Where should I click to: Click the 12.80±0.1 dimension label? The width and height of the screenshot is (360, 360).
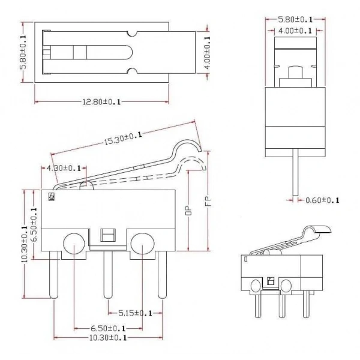101,102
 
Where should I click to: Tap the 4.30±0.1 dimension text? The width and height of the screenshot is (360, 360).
64,168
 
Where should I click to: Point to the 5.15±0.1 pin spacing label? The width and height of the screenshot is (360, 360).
135,313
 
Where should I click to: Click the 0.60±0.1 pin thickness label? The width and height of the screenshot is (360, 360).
322,200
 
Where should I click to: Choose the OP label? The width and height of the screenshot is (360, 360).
188,210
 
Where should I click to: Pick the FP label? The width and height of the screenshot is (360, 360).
208,202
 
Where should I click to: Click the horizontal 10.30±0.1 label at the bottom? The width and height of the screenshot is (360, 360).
108,338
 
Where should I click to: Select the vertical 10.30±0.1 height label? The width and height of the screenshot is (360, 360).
25,244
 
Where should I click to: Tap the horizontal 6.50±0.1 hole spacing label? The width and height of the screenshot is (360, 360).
108,328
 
